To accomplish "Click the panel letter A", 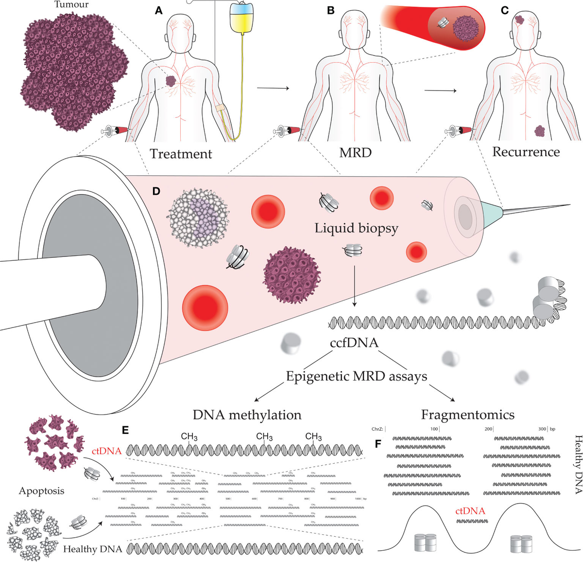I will (x=158, y=10).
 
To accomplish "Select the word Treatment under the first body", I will (x=181, y=154).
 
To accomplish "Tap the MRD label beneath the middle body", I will (x=355, y=152).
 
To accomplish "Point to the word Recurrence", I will (x=526, y=152).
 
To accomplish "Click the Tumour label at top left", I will (x=71, y=4).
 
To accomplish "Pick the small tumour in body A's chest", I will (x=171, y=81).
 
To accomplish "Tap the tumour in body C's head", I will (x=519, y=19).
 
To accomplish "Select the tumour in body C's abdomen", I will (x=540, y=131).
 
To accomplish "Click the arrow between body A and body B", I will (x=273, y=88).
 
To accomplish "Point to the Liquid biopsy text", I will (x=356, y=228).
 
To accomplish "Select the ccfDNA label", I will (x=354, y=343).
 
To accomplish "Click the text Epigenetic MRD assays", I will (x=356, y=376).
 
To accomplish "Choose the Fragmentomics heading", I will (x=467, y=415).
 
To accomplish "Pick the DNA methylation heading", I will (x=247, y=415).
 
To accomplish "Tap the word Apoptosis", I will (x=41, y=490).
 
